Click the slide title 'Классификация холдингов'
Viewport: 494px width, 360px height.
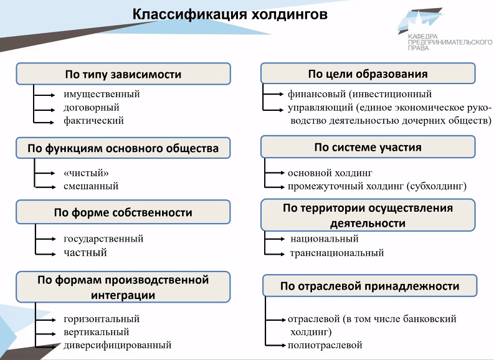[x=230, y=14]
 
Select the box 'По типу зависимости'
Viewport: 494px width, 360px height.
[x=123, y=74]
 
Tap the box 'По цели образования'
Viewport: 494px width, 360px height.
[x=368, y=73]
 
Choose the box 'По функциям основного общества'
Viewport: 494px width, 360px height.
[x=123, y=148]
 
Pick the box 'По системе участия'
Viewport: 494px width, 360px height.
[x=368, y=147]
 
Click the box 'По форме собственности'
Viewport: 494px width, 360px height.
[x=123, y=212]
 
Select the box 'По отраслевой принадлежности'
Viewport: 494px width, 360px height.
[x=370, y=286]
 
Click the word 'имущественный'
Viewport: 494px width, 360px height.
[x=102, y=94]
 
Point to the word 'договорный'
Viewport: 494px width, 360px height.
[x=92, y=108]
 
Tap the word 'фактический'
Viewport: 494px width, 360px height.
[x=93, y=121]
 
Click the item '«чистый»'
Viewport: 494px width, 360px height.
[x=86, y=173]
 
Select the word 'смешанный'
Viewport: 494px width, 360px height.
[x=91, y=186]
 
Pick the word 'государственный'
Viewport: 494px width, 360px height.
[x=103, y=239]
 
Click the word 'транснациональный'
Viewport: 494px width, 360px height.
[x=337, y=253]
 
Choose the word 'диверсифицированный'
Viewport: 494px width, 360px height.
[x=118, y=345]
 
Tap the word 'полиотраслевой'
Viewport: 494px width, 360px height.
[x=325, y=345]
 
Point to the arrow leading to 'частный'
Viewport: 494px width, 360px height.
[x=46, y=253]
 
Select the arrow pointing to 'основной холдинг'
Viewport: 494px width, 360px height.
[x=275, y=173]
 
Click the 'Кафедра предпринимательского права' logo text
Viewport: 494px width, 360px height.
[x=450, y=42]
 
